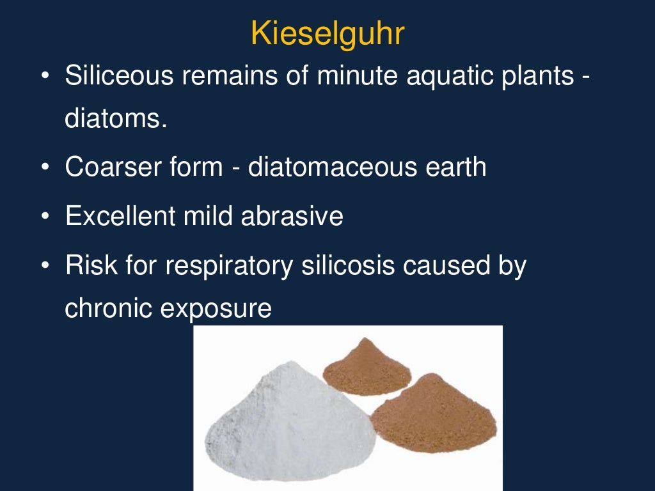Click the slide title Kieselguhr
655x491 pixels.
point(327,33)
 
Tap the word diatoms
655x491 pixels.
point(116,120)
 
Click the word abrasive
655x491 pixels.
point(292,216)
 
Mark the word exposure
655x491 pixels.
point(216,309)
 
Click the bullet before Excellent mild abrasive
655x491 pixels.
point(44,217)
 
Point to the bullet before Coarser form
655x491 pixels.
point(44,168)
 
